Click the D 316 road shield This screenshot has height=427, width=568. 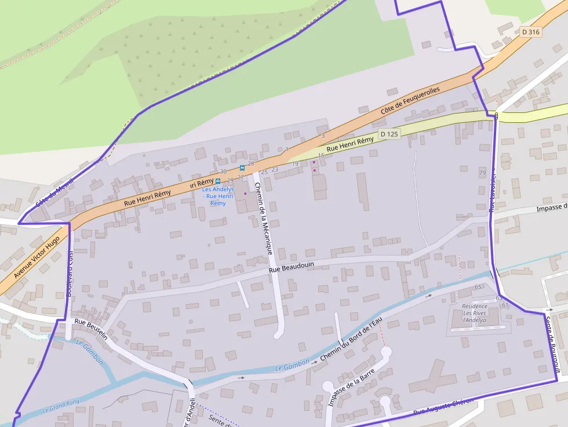pyautogui.click(x=530, y=32)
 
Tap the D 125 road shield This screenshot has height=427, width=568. pyautogui.click(x=389, y=134)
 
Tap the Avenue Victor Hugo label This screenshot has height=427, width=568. pyautogui.click(x=37, y=256)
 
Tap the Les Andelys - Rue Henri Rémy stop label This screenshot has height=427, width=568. pyautogui.click(x=218, y=196)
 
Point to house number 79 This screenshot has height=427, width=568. pyautogui.click(x=483, y=173)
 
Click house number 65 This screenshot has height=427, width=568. pyautogui.click(x=478, y=287)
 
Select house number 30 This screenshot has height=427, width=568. pyautogui.click(x=223, y=172)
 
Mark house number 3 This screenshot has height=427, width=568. pyautogui.click(x=323, y=136)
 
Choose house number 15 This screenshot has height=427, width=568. pyautogui.click(x=321, y=156)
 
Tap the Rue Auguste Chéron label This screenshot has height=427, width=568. pyautogui.click(x=443, y=407)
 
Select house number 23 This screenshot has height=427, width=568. pyautogui.click(x=275, y=169)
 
